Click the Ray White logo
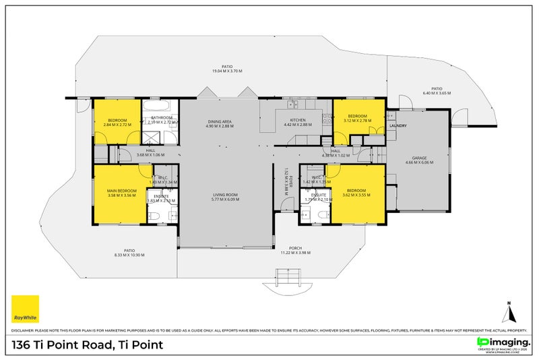(26, 309)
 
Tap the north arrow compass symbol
(510, 311)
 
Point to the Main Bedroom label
(119, 191)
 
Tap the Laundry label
(398, 125)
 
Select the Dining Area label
(219, 121)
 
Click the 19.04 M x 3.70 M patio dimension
(227, 71)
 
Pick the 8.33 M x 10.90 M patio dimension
(129, 256)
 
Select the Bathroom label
(162, 118)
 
